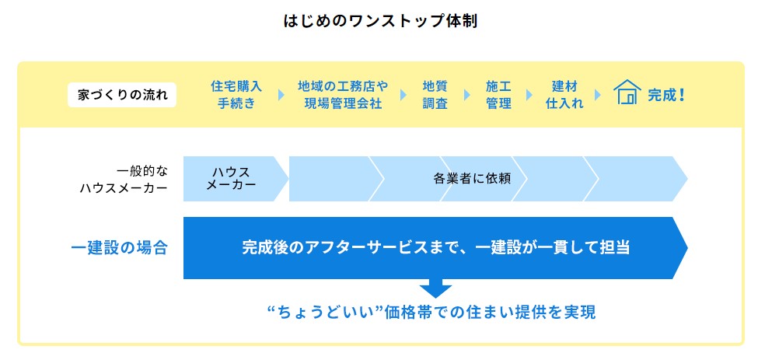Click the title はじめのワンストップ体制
380,22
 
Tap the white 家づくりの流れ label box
122,95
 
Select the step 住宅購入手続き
236,95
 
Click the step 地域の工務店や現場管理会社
343,95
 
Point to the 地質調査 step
435,95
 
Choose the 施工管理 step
498,95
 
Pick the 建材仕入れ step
564,95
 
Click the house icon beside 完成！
627,92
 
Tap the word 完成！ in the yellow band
666,95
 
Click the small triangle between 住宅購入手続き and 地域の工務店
281,95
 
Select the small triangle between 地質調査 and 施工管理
467,95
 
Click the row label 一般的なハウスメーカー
124,179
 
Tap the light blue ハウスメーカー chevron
236,179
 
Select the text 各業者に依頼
472,179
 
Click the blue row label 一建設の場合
120,248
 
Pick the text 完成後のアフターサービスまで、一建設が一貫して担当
435,248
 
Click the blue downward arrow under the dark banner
435,288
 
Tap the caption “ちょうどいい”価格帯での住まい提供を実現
431,313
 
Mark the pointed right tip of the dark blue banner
687,248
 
